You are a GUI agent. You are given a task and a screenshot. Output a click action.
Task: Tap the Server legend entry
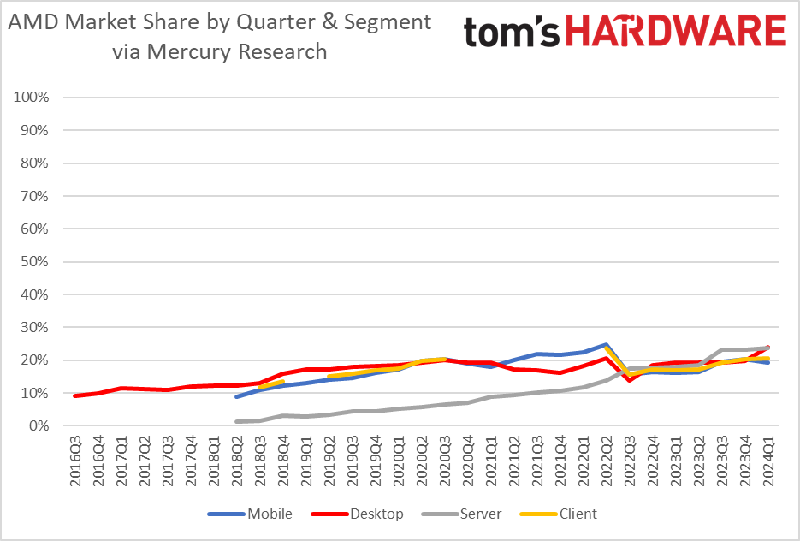(479, 514)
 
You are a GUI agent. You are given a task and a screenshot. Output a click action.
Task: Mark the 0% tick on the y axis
(39, 425)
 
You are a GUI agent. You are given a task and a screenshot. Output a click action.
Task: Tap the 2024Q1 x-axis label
(767, 461)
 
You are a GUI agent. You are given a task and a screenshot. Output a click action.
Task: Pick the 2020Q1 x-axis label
(400, 461)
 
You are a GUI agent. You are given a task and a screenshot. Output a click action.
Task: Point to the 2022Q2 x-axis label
(607, 461)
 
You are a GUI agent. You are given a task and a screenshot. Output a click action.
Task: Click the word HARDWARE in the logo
(675, 32)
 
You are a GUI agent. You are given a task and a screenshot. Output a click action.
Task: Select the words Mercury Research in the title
(239, 51)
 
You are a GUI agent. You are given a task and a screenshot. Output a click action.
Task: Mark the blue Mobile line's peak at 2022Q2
(607, 345)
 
